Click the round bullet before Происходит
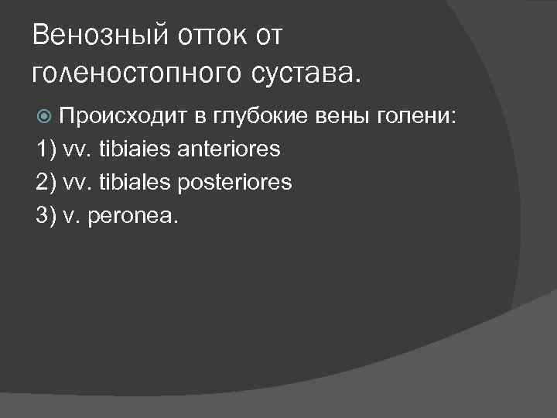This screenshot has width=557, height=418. pos(44,117)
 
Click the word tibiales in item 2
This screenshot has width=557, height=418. pos(138,182)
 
